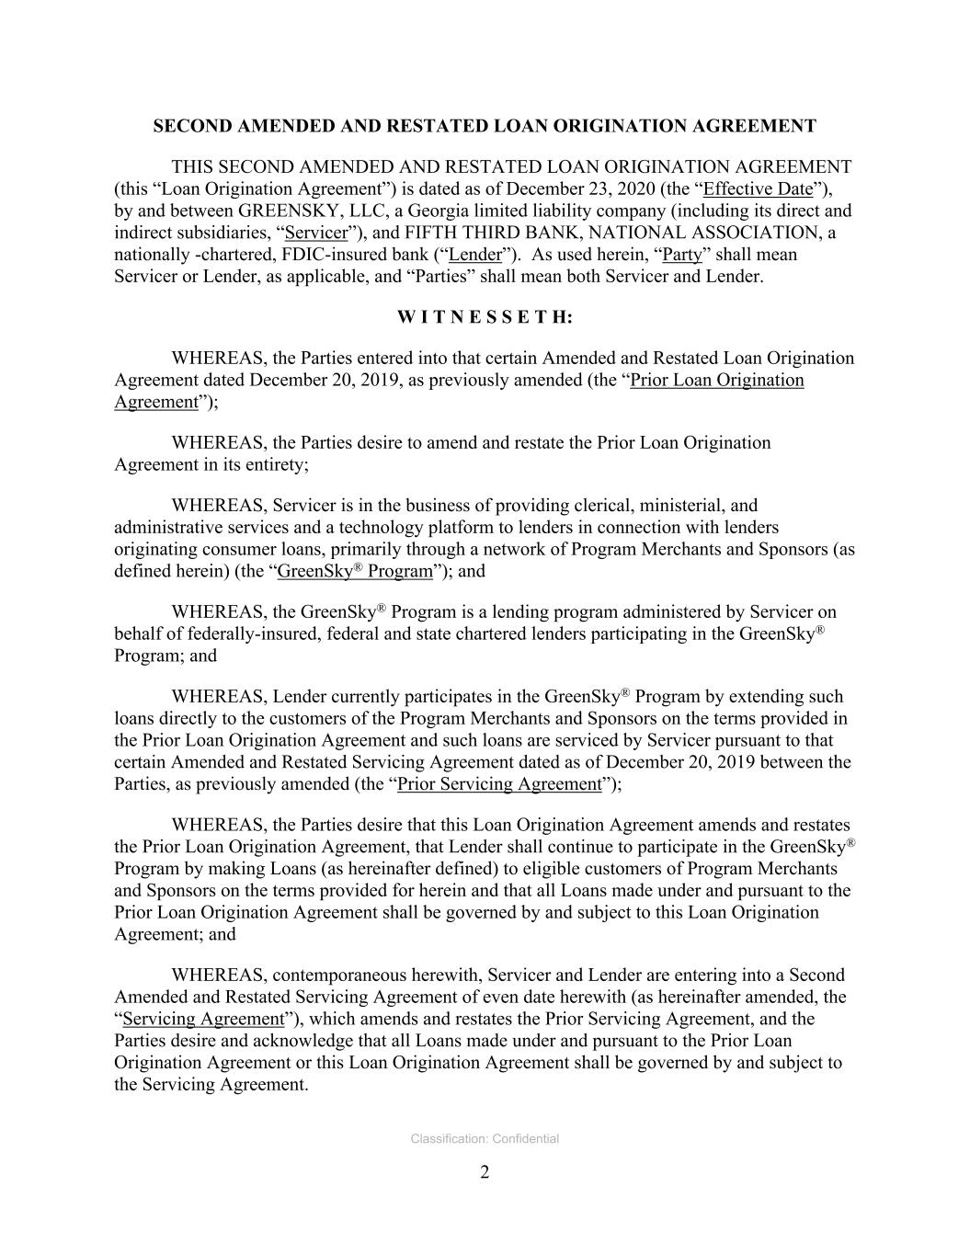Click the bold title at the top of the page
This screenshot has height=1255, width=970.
(485, 126)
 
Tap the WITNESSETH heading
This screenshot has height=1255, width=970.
(485, 317)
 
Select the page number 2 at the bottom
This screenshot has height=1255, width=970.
(485, 1172)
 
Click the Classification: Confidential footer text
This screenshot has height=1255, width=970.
(485, 1139)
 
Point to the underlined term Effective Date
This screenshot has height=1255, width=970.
(758, 189)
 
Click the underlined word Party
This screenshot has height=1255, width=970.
(681, 255)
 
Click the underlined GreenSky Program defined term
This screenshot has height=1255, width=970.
(354, 571)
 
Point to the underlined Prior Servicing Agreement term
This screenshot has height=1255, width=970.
(498, 784)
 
